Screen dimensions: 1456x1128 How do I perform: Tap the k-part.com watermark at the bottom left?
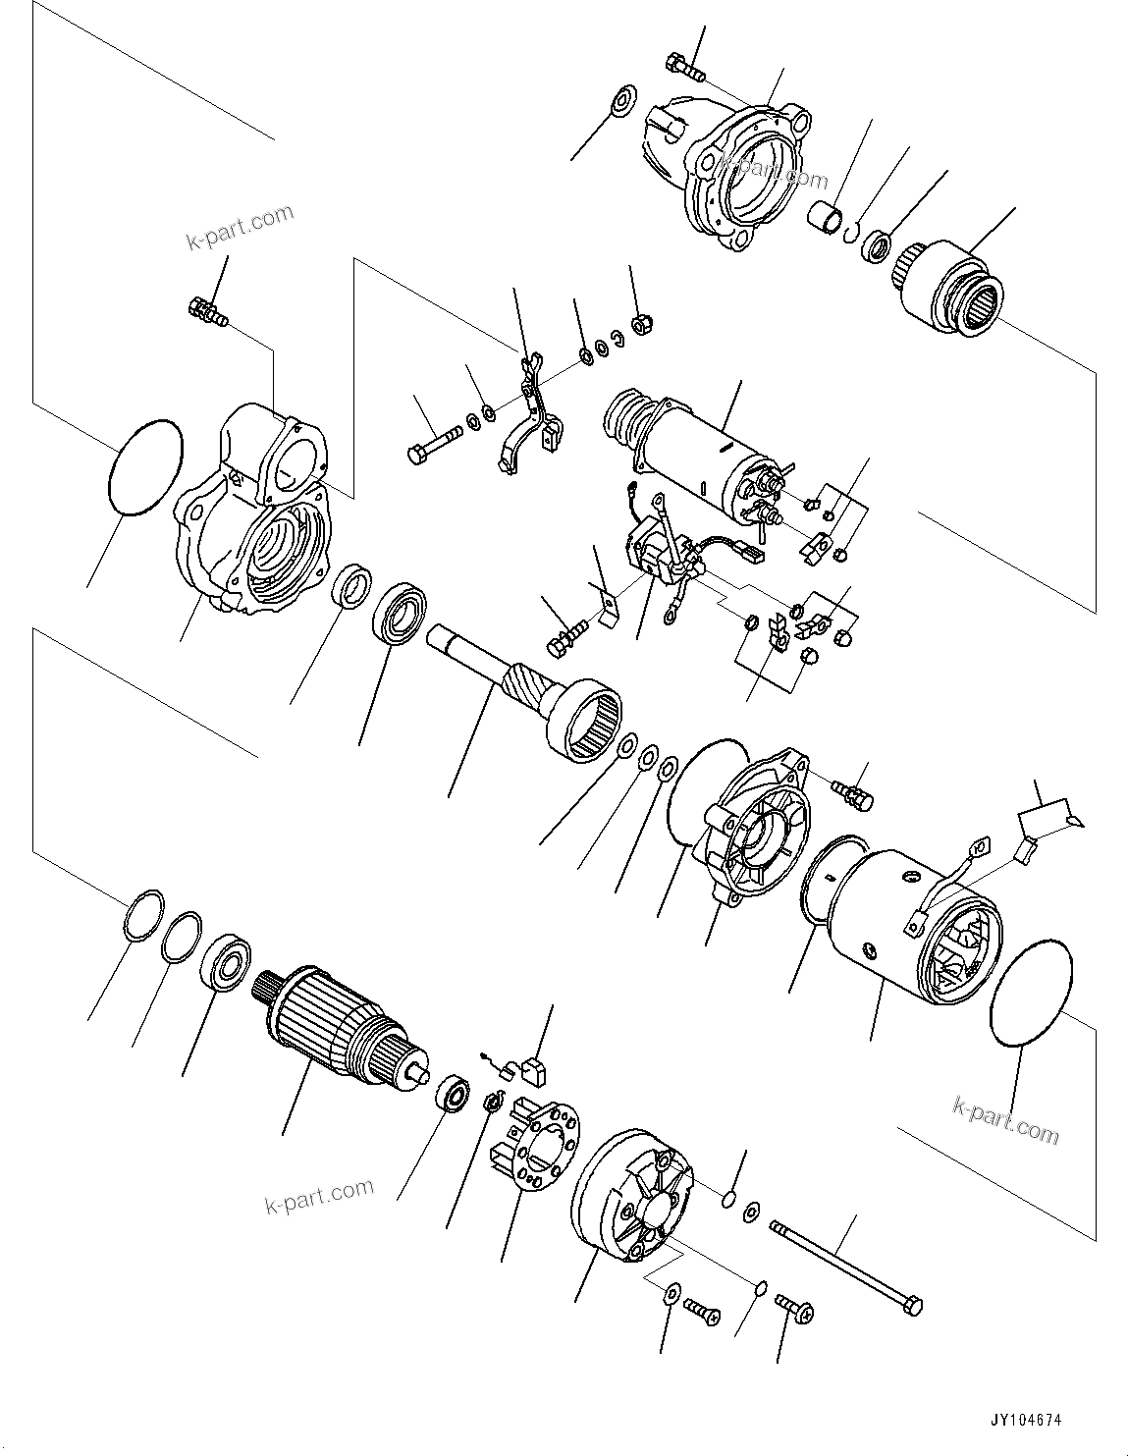tap(319, 1195)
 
